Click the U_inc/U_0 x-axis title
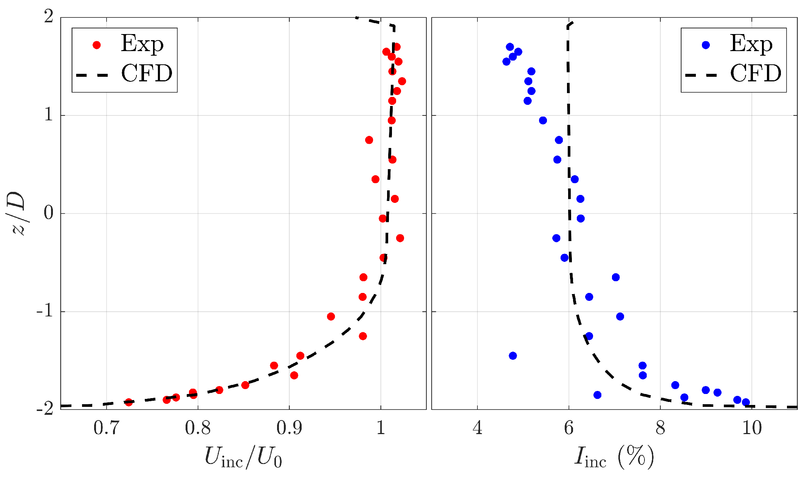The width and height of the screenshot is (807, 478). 243,457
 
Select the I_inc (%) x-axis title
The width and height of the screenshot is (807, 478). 614,457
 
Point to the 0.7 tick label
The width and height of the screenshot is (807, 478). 106,428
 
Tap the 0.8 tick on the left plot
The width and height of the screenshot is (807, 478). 198,428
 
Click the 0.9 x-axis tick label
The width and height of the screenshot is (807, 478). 289,428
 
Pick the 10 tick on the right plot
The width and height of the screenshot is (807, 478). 752,428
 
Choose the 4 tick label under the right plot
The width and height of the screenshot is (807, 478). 477,428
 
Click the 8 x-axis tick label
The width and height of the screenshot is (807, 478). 660,428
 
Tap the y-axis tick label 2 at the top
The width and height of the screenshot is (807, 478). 49,17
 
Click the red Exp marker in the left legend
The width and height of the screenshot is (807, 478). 97,45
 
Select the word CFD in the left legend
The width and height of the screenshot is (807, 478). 147,73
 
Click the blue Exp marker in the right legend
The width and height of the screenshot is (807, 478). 706,45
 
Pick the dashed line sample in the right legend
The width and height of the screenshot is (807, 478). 701,75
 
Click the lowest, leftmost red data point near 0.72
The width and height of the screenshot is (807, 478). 129,402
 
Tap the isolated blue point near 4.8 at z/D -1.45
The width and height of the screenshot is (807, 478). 513,356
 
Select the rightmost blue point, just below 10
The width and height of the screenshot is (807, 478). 746,402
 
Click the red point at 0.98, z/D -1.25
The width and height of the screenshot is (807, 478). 363,336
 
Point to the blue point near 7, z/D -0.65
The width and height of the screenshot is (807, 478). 616,277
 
